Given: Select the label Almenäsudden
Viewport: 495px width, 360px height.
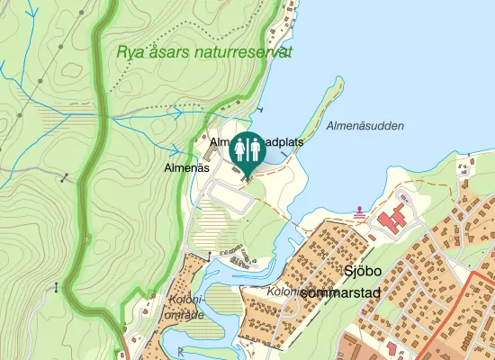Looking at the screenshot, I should (x=365, y=126).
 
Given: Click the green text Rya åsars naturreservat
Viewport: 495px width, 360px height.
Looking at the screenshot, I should (x=204, y=52).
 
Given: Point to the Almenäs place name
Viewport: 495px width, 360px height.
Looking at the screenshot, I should (x=187, y=167).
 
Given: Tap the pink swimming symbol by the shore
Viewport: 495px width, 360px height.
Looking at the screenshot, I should (x=361, y=212).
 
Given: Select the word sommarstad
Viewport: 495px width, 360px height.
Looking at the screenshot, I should (x=342, y=293).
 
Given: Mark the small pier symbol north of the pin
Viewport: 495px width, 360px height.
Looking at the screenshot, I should (x=260, y=109).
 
